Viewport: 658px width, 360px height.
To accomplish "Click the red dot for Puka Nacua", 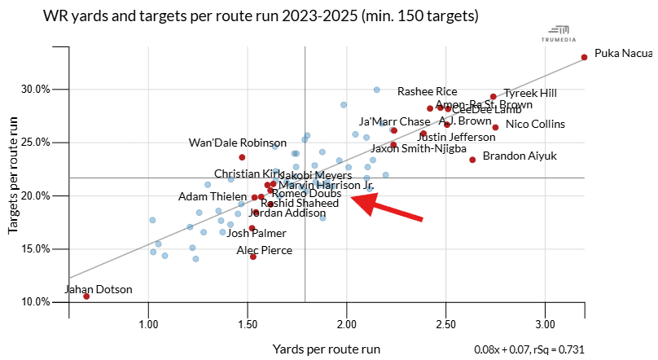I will click(584, 57).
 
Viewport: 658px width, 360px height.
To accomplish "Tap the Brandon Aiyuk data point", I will click(472, 160).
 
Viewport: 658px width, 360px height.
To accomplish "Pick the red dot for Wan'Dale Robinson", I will click(242, 157).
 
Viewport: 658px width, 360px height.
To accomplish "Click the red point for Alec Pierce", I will click(253, 257).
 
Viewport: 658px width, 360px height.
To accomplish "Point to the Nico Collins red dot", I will click(495, 127).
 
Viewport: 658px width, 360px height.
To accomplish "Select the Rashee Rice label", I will click(427, 91).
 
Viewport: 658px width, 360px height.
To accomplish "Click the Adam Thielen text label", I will click(213, 197).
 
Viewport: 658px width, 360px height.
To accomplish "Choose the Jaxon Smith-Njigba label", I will click(419, 149).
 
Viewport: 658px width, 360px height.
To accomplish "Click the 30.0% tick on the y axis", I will click(36, 89).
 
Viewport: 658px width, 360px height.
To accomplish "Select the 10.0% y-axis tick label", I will click(36, 302).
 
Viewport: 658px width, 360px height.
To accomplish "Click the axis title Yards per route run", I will click(326, 349).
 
